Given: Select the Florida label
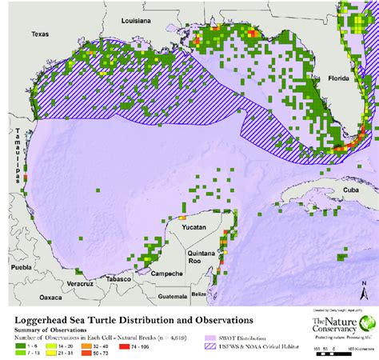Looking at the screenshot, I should pos(339,79).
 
